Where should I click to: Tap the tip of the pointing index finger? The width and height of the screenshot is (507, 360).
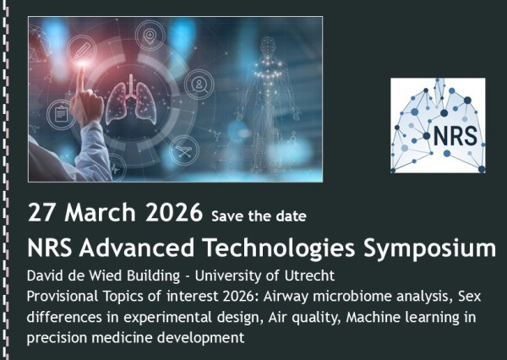pyautogui.click(x=82, y=70)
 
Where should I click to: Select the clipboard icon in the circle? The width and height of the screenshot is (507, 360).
pyautogui.click(x=59, y=111)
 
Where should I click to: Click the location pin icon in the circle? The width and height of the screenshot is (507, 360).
pyautogui.click(x=150, y=37)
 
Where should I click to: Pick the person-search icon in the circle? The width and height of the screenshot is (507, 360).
pyautogui.click(x=200, y=85)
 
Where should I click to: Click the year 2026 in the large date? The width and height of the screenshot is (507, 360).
pyautogui.click(x=175, y=212)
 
